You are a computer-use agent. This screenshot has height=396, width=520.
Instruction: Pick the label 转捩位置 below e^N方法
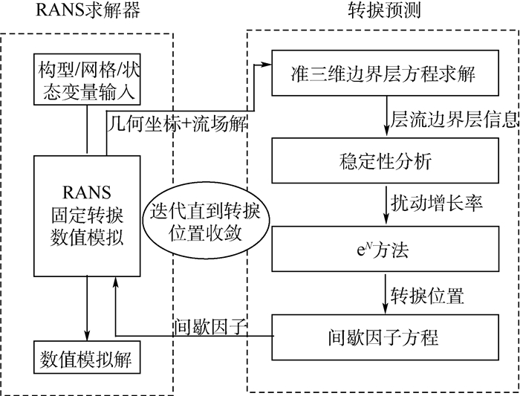tap(427, 294)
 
